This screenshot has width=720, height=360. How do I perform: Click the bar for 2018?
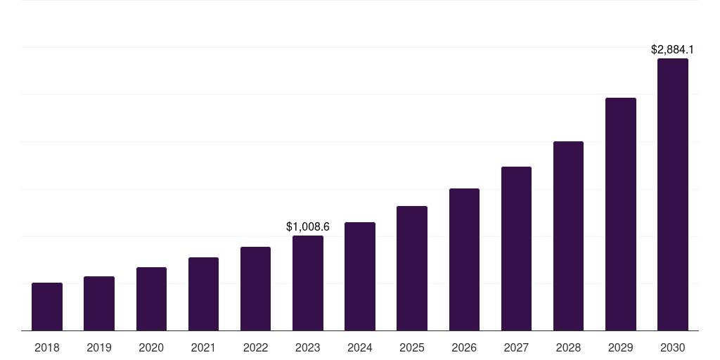coord(47,307)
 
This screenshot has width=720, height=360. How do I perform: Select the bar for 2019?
coord(99,304)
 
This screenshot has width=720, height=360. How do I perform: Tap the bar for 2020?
coord(151,299)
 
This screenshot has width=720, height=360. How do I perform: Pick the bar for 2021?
coord(203,294)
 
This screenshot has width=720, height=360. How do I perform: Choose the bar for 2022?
coord(255,289)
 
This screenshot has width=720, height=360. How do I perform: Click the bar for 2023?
coord(308,283)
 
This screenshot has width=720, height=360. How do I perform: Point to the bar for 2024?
coord(360,276)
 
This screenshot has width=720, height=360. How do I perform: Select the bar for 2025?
coord(412,269)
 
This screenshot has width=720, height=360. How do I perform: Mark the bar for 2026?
coord(464,259)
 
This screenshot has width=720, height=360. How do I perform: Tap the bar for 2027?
coord(516,249)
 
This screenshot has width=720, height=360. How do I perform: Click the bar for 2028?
coord(568,236)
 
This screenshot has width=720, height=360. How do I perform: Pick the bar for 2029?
coord(620,214)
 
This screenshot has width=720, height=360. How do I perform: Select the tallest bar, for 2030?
coord(673,195)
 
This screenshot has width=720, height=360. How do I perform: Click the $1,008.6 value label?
coord(308,226)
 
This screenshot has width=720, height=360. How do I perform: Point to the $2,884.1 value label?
coord(673,49)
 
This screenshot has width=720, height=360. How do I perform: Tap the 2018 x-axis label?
coord(47,347)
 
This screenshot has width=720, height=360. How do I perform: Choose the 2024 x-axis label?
coord(360,347)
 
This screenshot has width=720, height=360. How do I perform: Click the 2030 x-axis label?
coord(673,347)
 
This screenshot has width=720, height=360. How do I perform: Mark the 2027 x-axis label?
coord(516,347)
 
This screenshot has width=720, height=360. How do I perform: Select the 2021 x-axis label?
coord(203,347)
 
